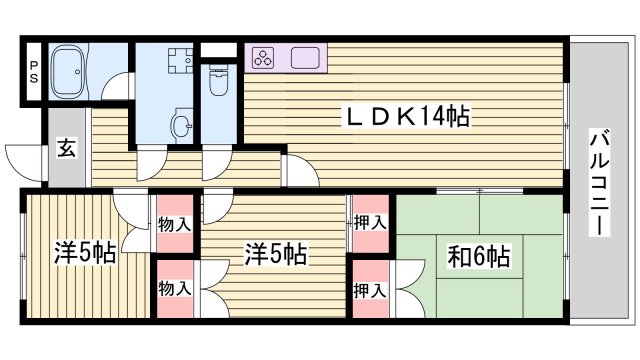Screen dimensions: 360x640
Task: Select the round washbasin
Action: click(181, 125)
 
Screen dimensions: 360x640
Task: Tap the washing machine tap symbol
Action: click(179, 59)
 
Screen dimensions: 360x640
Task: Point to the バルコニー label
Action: click(599, 181)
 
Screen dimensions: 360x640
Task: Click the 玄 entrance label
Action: click(64, 149)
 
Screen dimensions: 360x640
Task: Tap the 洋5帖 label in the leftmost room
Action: click(84, 254)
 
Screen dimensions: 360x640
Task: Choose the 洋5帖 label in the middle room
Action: click(275, 254)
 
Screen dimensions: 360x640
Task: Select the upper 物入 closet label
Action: click(174, 222)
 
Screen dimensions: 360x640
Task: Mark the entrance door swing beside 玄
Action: click(25, 160)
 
